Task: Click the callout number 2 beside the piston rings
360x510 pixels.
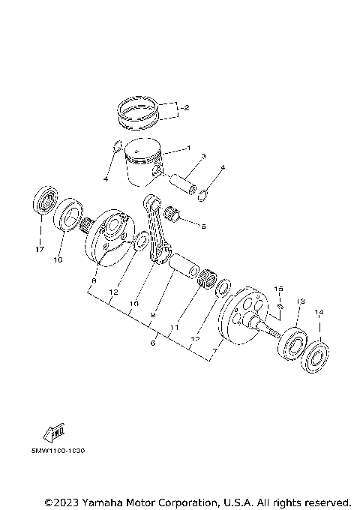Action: pyautogui.click(x=186, y=108)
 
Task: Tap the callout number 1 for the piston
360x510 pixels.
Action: pyautogui.click(x=189, y=148)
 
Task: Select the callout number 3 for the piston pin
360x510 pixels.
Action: pyautogui.click(x=203, y=157)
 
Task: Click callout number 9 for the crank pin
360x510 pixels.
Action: pyautogui.click(x=152, y=315)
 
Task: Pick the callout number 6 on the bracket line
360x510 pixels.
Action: pyautogui.click(x=153, y=343)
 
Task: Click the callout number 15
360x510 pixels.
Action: pyautogui.click(x=277, y=288)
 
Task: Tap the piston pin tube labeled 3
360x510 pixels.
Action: pyautogui.click(x=184, y=183)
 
